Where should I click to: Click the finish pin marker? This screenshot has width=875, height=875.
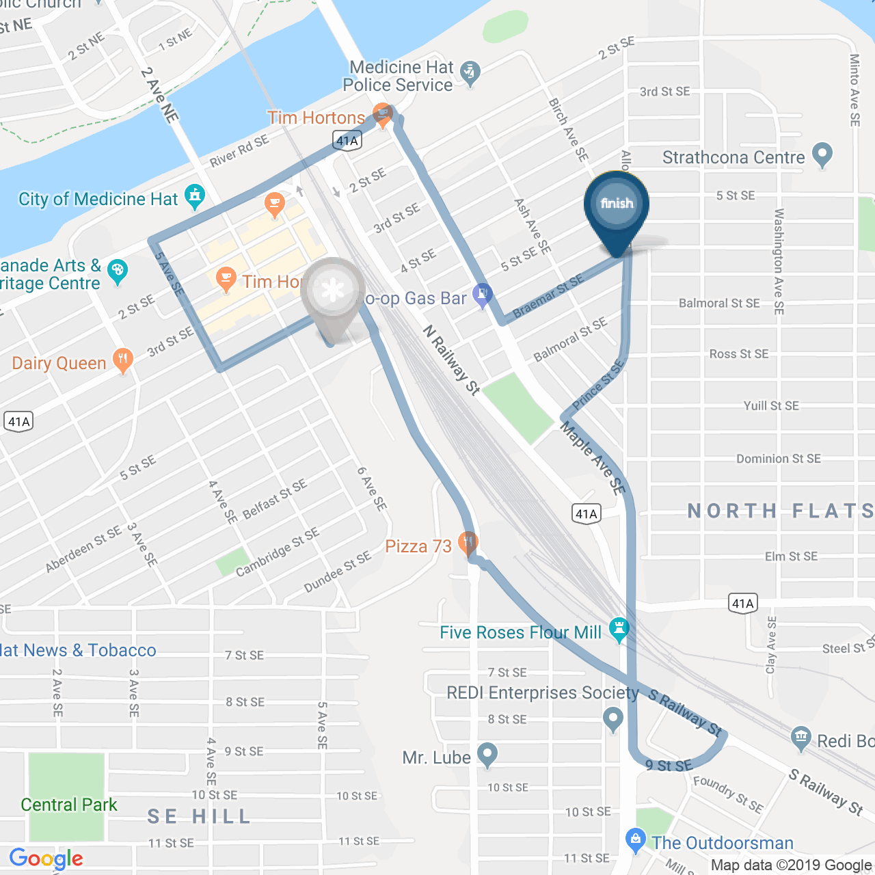tap(617, 205)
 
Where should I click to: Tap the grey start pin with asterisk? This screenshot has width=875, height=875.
tap(332, 291)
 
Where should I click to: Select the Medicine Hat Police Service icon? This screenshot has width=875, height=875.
tap(470, 74)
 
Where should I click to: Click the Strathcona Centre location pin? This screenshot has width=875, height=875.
tap(822, 154)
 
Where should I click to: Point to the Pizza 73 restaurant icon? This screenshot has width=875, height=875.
tap(468, 543)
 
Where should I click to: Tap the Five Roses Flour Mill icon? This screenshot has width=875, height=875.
tap(619, 630)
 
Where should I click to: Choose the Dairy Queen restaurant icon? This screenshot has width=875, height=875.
tap(122, 360)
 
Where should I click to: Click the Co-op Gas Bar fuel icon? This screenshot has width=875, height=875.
tap(483, 295)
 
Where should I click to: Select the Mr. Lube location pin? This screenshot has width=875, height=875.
tap(487, 755)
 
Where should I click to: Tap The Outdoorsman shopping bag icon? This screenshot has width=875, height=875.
tap(636, 840)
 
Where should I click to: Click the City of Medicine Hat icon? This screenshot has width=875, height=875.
tap(195, 197)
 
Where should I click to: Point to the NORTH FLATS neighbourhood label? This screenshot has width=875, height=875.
tap(780, 511)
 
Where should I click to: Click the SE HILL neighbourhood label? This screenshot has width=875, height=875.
tap(200, 816)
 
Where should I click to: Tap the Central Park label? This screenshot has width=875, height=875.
tap(69, 805)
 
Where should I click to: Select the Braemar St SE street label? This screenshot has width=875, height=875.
tap(548, 296)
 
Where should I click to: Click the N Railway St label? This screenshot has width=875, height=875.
tap(451, 360)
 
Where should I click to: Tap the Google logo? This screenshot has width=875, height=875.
tap(46, 859)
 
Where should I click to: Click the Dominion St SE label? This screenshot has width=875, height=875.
tap(779, 459)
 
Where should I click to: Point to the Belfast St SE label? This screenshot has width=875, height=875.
tap(275, 498)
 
